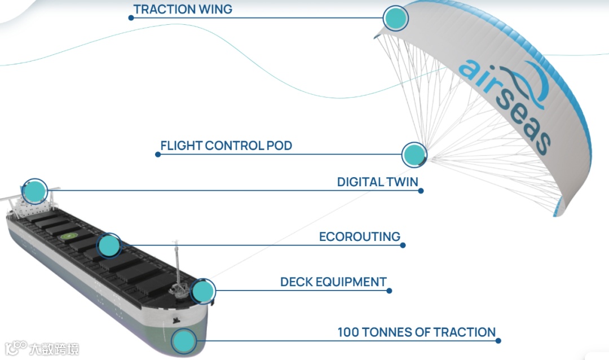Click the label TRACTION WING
click(182, 9)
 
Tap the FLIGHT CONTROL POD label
click(226, 146)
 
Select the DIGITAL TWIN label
click(377, 182)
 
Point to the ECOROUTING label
click(360, 236)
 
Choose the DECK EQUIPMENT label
click(333, 282)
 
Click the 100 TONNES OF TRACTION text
click(416, 332)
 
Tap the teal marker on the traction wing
click(395, 18)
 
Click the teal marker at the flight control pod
click(414, 154)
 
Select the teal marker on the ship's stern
click(34, 191)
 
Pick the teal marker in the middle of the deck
click(108, 245)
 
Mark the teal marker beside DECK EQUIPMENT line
click(203, 291)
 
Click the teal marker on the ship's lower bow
click(183, 341)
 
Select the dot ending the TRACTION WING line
click(131, 17)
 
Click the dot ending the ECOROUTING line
click(403, 245)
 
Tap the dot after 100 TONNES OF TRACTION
click(498, 340)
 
